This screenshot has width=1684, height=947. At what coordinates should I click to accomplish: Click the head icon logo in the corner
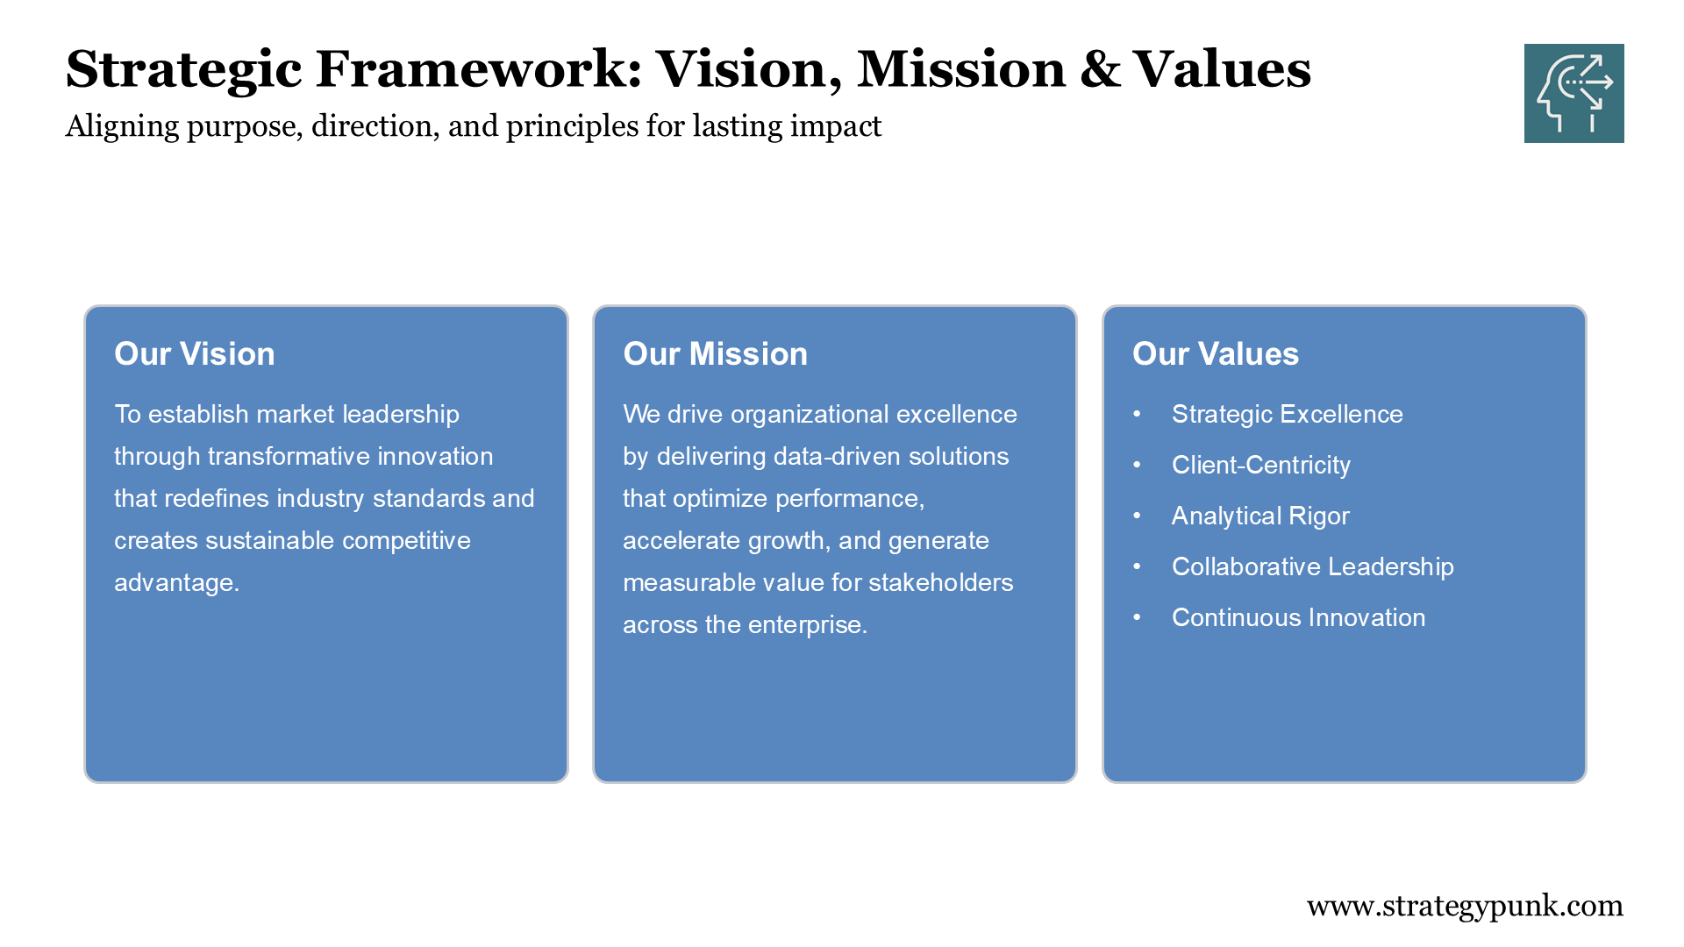pyautogui.click(x=1573, y=93)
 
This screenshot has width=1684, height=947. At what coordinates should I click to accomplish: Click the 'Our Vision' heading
pyautogui.click(x=195, y=353)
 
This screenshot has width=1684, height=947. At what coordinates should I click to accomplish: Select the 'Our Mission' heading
pyautogui.click(x=715, y=353)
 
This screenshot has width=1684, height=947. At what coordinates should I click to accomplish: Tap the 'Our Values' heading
pyautogui.click(x=1215, y=353)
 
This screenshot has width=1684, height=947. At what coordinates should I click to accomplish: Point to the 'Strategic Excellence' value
pyautogui.click(x=1287, y=414)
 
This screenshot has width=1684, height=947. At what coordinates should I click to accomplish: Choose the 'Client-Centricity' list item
pyautogui.click(x=1260, y=465)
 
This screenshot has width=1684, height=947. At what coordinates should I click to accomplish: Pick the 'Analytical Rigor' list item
pyautogui.click(x=1260, y=516)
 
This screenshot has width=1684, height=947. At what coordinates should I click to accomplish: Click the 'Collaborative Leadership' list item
pyautogui.click(x=1312, y=566)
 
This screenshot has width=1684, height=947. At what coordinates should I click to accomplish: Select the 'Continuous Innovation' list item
pyautogui.click(x=1298, y=617)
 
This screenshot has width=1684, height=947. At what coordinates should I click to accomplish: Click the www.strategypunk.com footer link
pyautogui.click(x=1465, y=905)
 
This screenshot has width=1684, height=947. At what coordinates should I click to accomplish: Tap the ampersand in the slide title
pyautogui.click(x=1100, y=69)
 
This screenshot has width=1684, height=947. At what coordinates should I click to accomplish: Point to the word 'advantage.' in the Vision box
pyautogui.click(x=176, y=582)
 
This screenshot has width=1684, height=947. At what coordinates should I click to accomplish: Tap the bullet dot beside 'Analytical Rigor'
pyautogui.click(x=1137, y=516)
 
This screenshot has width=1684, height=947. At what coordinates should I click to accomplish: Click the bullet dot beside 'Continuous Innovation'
pyautogui.click(x=1137, y=617)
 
